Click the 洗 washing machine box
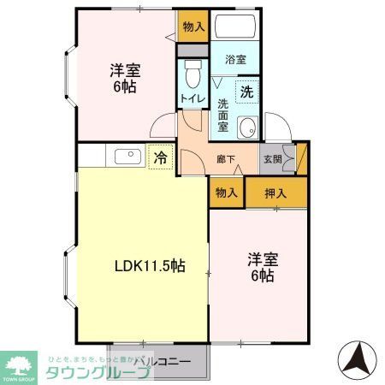pos(246,91)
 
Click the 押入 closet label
pos(275,193)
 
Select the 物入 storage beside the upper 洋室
pos(193,27)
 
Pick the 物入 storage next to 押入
pos(226,193)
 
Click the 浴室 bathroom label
pos(235,61)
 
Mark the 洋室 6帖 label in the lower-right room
pos(261,267)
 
